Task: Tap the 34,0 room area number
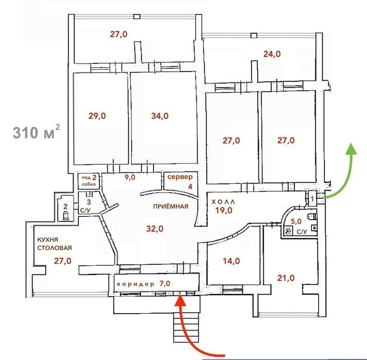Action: coord(160,116)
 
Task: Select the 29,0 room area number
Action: coord(97,116)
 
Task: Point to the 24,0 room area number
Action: coord(272,54)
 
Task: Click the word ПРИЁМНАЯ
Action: coord(170,207)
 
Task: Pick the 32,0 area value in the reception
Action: coord(155,229)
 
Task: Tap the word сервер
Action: coord(180,177)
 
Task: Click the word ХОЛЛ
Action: coord(223,202)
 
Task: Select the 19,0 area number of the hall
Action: coord(224,210)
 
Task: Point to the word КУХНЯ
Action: coord(47,240)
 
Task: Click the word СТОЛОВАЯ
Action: coord(55,248)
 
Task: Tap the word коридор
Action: coord(135,284)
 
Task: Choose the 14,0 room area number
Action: coord(231,261)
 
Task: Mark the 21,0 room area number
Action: coord(286,278)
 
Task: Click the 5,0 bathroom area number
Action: coord(296,221)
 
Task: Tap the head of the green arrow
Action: coord(351,148)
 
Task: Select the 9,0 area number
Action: coord(130,177)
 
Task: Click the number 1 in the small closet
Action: coord(312,199)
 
